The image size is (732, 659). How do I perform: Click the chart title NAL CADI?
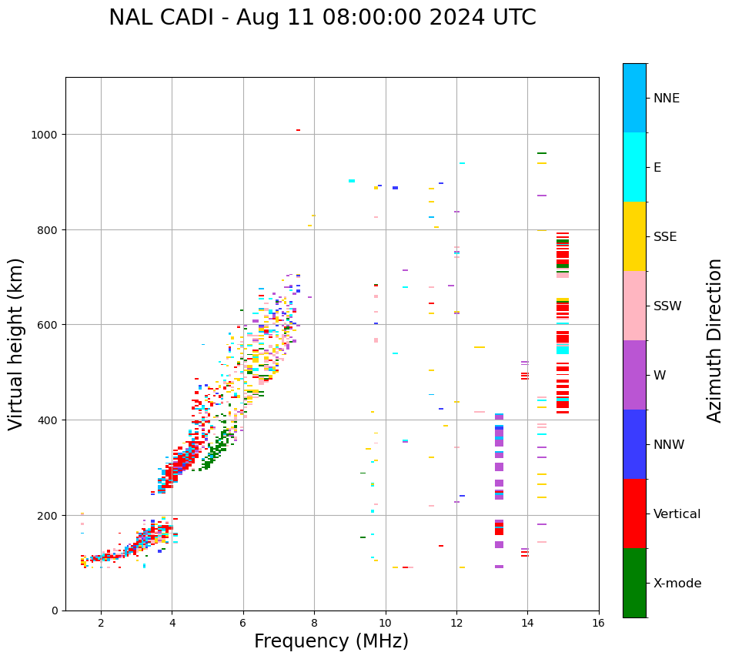click(322, 18)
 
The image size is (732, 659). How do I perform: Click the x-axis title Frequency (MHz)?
click(331, 641)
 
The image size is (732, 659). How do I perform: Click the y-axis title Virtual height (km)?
click(16, 344)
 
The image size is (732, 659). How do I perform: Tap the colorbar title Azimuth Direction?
click(715, 340)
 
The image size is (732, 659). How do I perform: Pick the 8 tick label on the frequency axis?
click(314, 624)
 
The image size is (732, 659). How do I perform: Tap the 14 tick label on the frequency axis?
click(527, 624)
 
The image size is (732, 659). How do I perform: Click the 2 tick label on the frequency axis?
click(101, 624)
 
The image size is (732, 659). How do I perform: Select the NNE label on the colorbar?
click(667, 99)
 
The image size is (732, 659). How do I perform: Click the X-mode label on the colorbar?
click(677, 584)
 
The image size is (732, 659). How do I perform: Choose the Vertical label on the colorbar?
click(677, 514)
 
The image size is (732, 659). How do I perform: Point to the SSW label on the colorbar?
click(667, 306)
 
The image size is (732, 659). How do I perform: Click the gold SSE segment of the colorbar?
click(634, 236)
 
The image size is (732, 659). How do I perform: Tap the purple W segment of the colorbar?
click(634, 375)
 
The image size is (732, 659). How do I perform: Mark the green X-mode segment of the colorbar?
click(634, 583)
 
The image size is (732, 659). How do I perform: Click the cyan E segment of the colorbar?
click(634, 167)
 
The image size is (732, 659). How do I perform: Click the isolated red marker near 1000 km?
click(298, 130)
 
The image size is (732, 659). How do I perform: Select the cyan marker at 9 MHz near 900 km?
click(352, 181)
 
